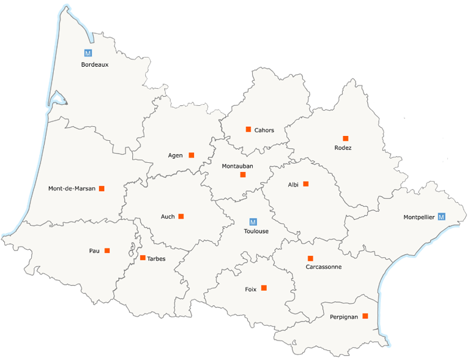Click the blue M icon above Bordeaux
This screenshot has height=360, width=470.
[x=88, y=53]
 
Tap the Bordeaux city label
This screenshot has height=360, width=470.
[x=95, y=64]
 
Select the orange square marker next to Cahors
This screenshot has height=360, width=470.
[x=248, y=129]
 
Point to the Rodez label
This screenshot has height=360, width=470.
[x=343, y=148]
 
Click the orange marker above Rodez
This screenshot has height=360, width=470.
[x=345, y=138]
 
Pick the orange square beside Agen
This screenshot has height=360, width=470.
[x=192, y=155]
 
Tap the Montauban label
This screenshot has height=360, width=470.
[x=237, y=166]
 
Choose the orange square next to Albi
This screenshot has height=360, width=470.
[x=306, y=184]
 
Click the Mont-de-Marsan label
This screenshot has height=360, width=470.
[x=72, y=189]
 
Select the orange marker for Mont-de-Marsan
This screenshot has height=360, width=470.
[x=102, y=189]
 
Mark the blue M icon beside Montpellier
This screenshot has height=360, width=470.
[x=442, y=217]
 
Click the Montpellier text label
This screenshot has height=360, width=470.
[x=419, y=217]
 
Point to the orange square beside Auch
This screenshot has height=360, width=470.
[x=181, y=216]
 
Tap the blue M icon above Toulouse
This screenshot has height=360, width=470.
[x=253, y=222]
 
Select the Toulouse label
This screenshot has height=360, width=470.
[x=256, y=231]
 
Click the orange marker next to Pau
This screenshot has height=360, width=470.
[x=107, y=250]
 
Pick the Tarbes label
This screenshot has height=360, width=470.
[x=156, y=258]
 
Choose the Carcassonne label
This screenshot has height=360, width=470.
[x=324, y=267]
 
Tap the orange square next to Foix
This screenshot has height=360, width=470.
[x=264, y=288]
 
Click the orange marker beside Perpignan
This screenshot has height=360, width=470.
[x=365, y=316]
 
